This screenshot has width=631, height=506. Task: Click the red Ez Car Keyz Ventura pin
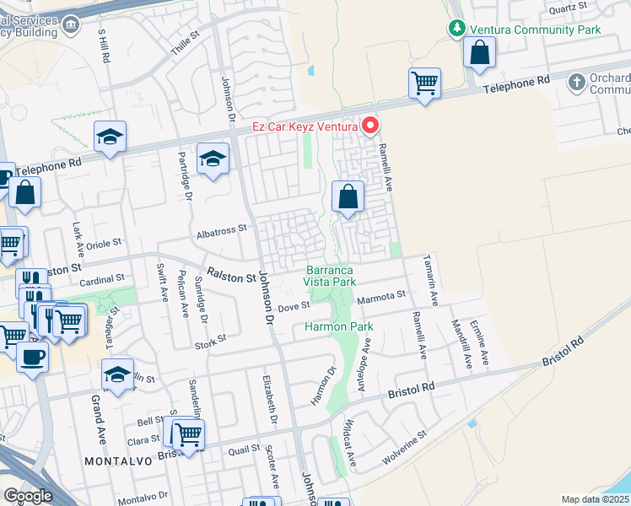[369, 127]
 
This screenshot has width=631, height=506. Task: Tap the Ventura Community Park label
[535, 29]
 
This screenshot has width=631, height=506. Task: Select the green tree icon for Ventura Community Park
[456, 29]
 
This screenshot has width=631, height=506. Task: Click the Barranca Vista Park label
[330, 276]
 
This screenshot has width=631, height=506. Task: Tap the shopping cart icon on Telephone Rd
[424, 83]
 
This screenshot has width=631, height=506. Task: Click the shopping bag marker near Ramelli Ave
[348, 198]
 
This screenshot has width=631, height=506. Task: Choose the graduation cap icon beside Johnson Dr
[213, 159]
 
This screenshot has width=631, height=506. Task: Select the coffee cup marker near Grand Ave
[32, 358]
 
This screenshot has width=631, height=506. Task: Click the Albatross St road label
[220, 229]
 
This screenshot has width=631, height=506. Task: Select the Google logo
[28, 496]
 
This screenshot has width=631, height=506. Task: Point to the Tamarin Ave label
[432, 279]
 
